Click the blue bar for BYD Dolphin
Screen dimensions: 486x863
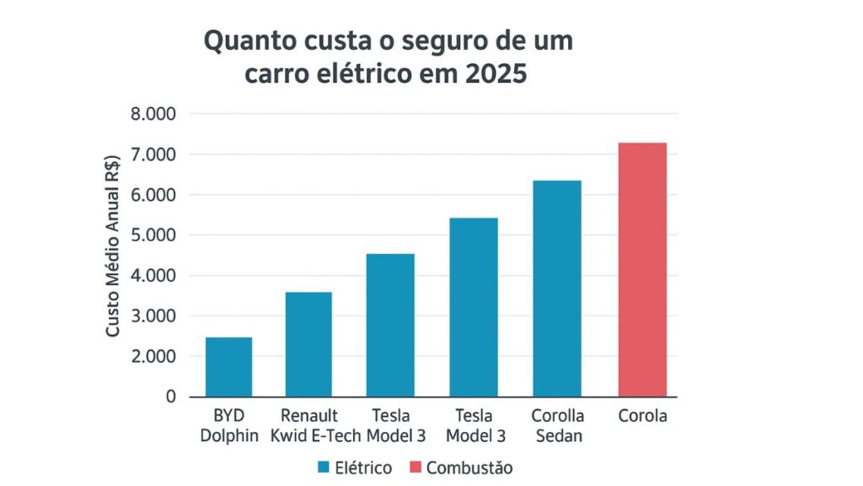pyautogui.click(x=228, y=367)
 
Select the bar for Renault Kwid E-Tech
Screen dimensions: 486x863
pyautogui.click(x=308, y=344)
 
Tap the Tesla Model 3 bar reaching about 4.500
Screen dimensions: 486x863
pyautogui.click(x=390, y=325)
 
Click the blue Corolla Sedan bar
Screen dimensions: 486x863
pyautogui.click(x=556, y=288)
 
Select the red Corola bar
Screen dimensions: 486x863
pyautogui.click(x=642, y=269)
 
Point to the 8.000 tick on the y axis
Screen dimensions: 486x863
pyautogui.click(x=153, y=114)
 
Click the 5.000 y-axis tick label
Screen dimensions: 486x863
pyautogui.click(x=153, y=235)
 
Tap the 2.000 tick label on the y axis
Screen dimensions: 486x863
pyautogui.click(x=153, y=356)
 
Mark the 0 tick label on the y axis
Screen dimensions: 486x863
pyautogui.click(x=171, y=396)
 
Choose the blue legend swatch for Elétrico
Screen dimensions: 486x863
pyautogui.click(x=324, y=467)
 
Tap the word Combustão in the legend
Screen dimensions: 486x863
pyautogui.click(x=469, y=467)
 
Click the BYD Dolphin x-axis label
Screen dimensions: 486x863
pyautogui.click(x=228, y=425)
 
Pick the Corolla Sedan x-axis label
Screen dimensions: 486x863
pyautogui.click(x=556, y=425)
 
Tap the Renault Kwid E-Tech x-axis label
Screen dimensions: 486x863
pyautogui.click(x=309, y=425)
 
